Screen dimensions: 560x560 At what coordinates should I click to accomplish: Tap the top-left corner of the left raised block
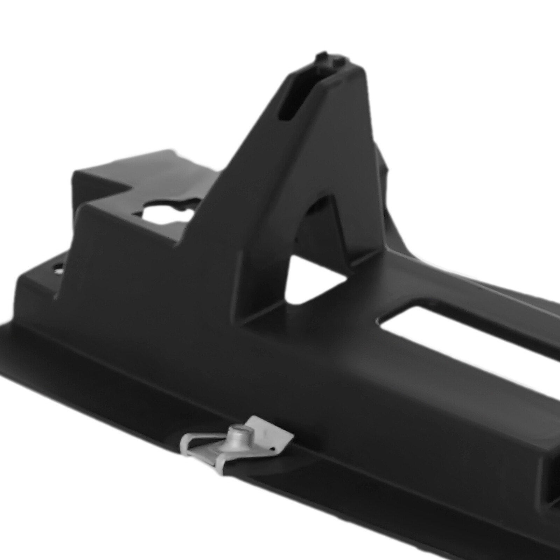tap(74, 171)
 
